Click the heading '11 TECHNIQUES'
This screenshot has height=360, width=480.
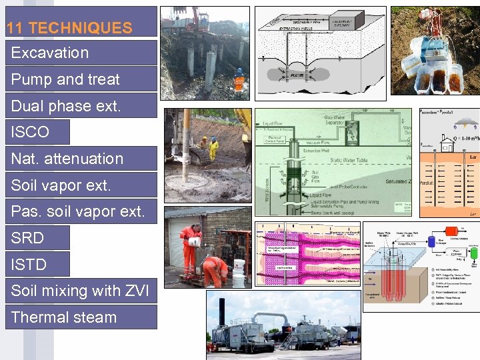pos(69,28)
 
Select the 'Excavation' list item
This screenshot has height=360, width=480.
pos(50,53)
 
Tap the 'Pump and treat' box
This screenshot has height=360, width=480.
pos(65,79)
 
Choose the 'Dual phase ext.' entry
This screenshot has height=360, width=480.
pos(66,105)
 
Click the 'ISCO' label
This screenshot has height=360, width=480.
pos(30,132)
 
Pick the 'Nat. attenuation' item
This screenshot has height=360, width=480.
pos(67,159)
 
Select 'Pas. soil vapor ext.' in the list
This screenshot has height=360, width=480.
pos(77,211)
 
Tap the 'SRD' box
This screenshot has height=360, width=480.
pos(28,238)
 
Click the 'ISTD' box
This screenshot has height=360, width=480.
pos(29,265)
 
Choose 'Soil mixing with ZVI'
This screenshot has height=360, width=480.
pos(80,291)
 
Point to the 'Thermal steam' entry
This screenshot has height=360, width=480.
pos(64,317)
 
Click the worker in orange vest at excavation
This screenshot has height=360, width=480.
pos(239,79)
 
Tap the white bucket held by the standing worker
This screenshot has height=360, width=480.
pos(196,242)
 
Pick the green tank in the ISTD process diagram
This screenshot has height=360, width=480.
pos(474,253)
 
